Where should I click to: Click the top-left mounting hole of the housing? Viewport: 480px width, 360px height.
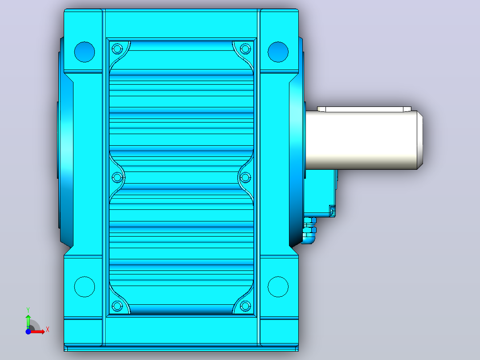pyautogui.click(x=85, y=52)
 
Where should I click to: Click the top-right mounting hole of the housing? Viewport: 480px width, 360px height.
pyautogui.click(x=278, y=52)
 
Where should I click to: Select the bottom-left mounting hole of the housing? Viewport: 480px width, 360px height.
pyautogui.click(x=85, y=287)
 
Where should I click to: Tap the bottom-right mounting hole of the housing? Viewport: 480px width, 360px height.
pyautogui.click(x=278, y=287)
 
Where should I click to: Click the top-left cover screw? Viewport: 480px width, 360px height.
pyautogui.click(x=117, y=49)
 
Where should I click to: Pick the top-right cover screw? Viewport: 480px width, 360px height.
pyautogui.click(x=245, y=49)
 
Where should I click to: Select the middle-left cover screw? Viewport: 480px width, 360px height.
pyautogui.click(x=117, y=177)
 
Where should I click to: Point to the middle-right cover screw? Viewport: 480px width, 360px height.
pyautogui.click(x=245, y=177)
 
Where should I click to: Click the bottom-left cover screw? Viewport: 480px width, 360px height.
pyautogui.click(x=117, y=306)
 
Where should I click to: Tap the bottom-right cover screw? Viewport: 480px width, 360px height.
pyautogui.click(x=245, y=306)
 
